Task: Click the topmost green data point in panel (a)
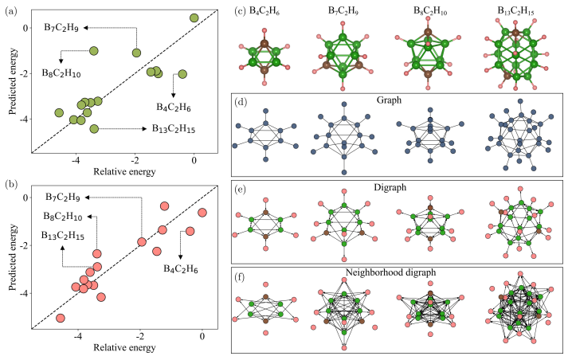[x=194, y=18]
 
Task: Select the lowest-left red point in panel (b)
[x=61, y=318]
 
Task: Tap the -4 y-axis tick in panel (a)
[x=25, y=119]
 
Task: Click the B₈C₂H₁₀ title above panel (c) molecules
[x=429, y=9]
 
